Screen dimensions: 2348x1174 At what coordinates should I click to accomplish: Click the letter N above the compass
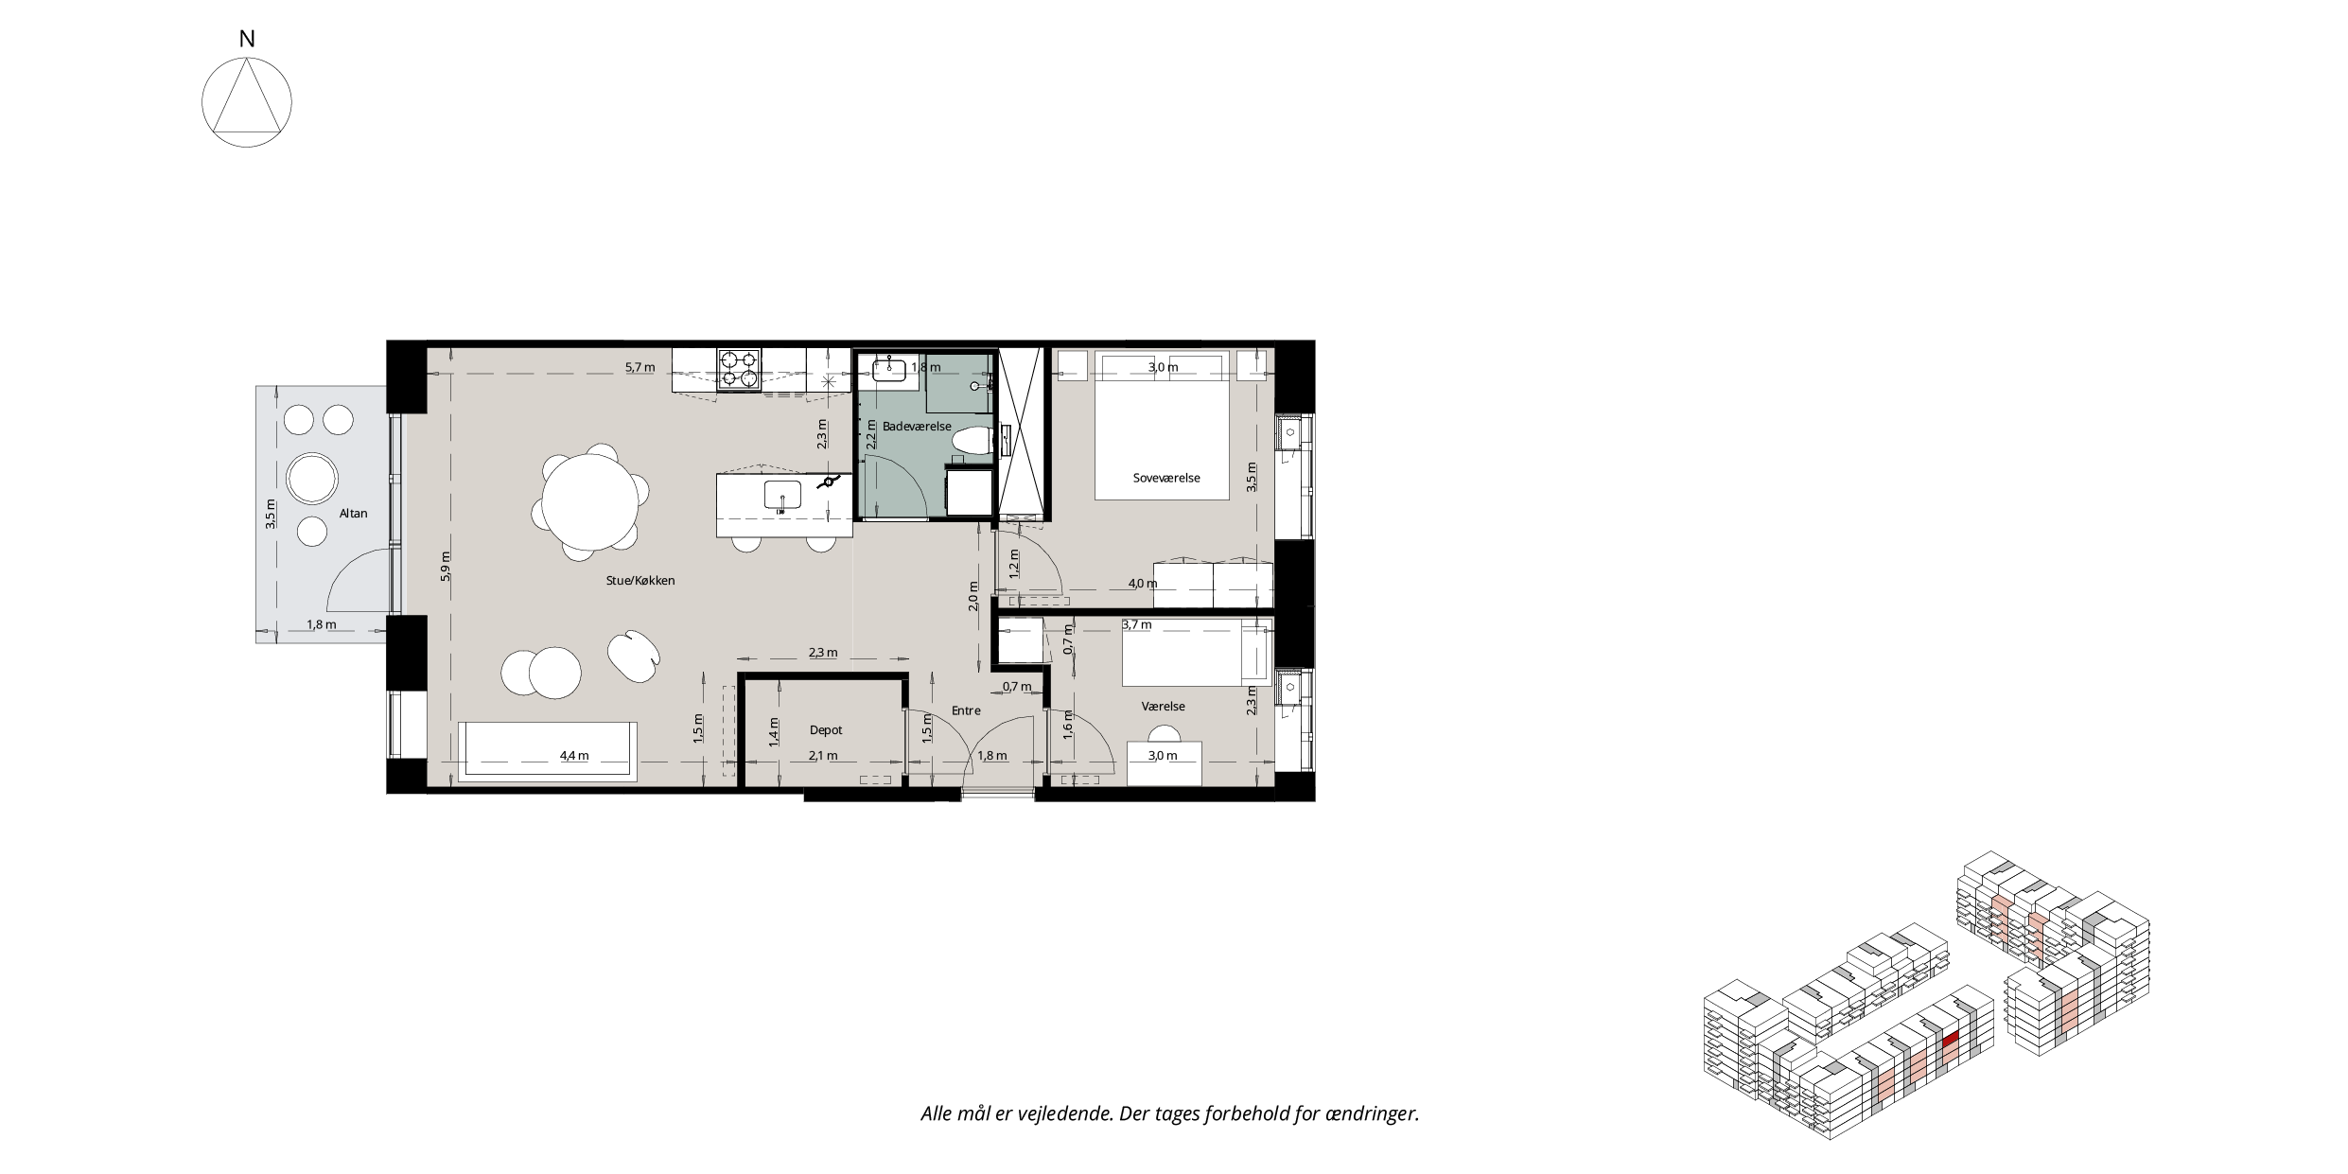point(247,39)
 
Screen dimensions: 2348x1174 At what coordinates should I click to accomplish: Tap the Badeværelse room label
point(917,427)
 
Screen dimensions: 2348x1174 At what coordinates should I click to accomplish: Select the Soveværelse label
point(1166,478)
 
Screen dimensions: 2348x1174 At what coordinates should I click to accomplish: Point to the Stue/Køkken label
point(640,581)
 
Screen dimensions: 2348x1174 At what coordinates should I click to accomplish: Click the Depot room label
point(826,730)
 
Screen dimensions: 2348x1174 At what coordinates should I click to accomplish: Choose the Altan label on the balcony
point(353,514)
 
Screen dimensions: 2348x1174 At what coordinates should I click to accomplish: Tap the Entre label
point(966,710)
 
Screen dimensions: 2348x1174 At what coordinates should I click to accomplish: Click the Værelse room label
point(1164,706)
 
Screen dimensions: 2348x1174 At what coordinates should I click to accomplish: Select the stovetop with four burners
point(740,369)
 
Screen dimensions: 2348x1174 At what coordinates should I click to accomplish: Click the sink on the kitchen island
point(782,495)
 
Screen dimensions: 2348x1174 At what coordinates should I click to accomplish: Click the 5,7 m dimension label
point(640,367)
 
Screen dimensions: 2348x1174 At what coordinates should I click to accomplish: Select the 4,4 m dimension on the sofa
point(574,756)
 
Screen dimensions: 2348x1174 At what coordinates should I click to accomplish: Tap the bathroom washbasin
point(890,370)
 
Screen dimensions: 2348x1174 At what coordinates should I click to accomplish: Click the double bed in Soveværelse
point(1163,425)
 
